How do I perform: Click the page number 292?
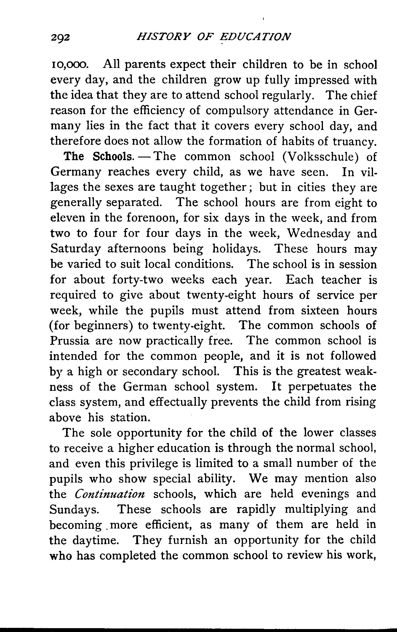coord(60,38)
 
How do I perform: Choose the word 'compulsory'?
coord(237,111)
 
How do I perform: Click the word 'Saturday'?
coord(76,249)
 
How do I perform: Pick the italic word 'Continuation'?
coord(110,494)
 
